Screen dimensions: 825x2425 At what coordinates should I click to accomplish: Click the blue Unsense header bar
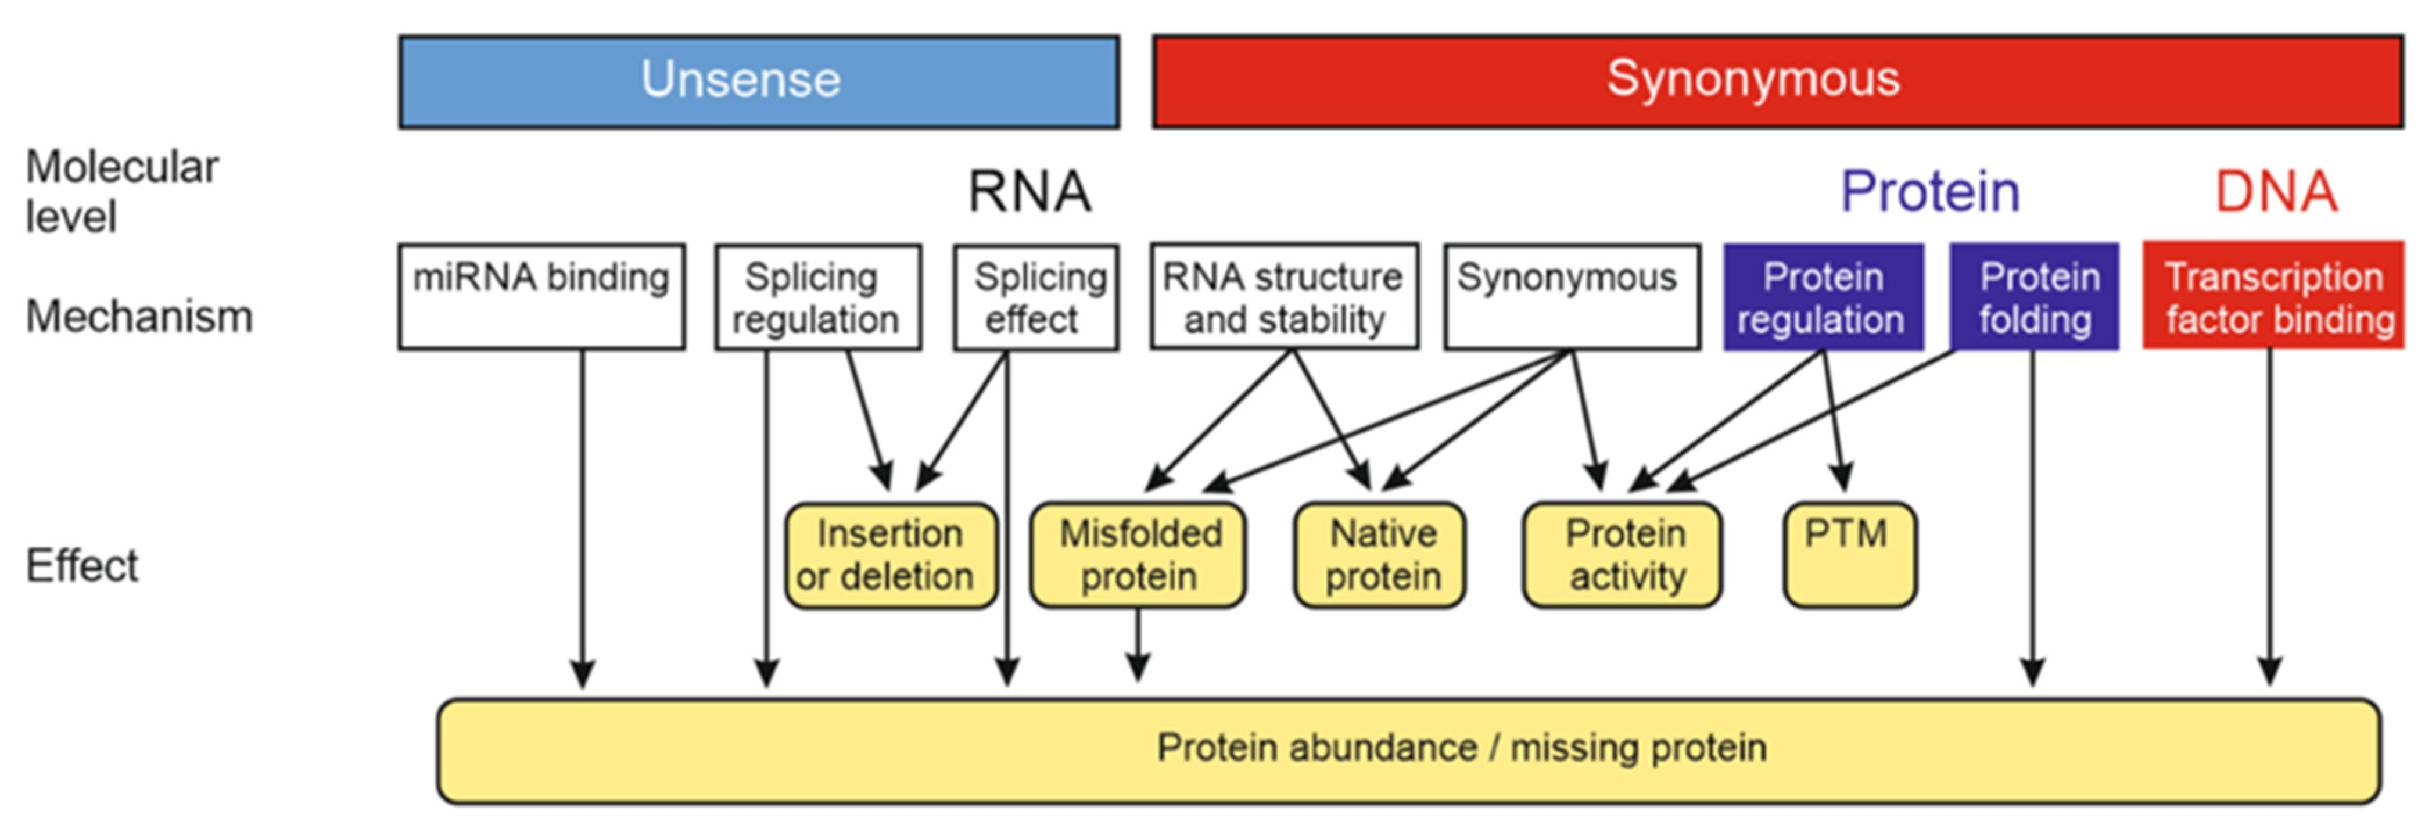(x=759, y=82)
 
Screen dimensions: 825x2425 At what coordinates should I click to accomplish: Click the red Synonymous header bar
(x=1777, y=82)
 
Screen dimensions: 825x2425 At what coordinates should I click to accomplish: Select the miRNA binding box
(x=541, y=297)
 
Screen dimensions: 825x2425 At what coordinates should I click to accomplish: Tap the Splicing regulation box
(x=817, y=297)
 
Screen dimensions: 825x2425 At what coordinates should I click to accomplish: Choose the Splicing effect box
(x=1035, y=297)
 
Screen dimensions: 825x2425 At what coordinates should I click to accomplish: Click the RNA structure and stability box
(x=1284, y=297)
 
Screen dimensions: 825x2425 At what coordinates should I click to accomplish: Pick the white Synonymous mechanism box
(x=1571, y=297)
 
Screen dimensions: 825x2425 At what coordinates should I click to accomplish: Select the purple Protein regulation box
(x=1823, y=297)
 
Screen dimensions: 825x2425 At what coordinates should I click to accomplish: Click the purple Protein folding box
(x=2033, y=297)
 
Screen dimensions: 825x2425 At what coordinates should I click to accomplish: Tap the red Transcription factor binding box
(x=2273, y=297)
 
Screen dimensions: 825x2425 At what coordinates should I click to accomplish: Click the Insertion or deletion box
(x=891, y=555)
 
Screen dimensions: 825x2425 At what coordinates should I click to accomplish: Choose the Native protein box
(x=1380, y=555)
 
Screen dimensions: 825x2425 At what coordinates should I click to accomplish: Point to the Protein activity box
(x=1622, y=555)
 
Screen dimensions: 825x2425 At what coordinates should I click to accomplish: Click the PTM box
(x=1849, y=555)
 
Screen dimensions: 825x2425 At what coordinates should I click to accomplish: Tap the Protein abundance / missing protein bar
(x=1408, y=751)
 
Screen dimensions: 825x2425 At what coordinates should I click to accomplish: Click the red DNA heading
(x=2275, y=192)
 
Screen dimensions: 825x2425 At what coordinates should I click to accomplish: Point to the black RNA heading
(x=1030, y=192)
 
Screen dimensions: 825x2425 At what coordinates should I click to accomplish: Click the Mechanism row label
(x=139, y=317)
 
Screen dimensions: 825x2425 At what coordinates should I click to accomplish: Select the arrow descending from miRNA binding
(x=583, y=518)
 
